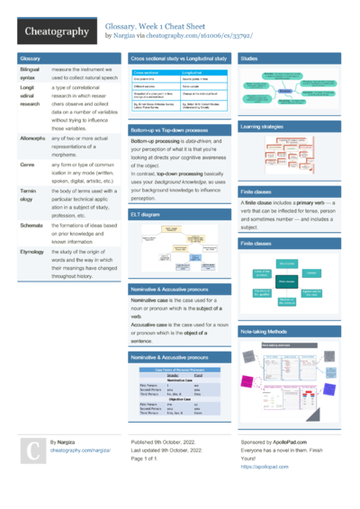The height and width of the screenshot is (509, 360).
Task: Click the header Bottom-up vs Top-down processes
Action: pyautogui.click(x=162, y=130)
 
